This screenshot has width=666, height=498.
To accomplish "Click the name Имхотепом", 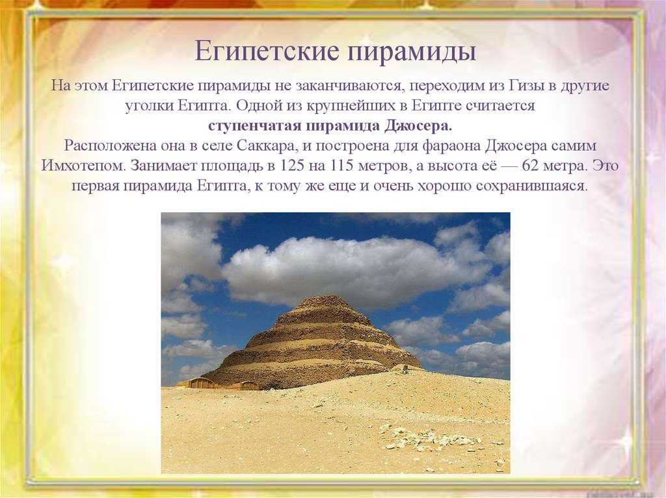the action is click(x=84, y=166).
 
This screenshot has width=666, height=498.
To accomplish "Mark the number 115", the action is click(x=342, y=166).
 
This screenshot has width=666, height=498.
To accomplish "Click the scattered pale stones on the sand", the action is click(x=429, y=435).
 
